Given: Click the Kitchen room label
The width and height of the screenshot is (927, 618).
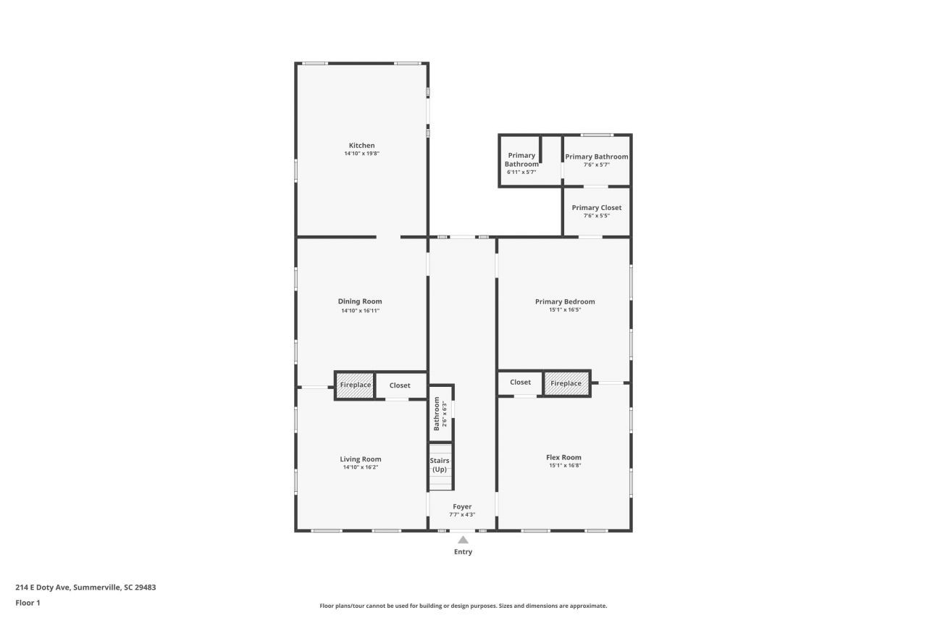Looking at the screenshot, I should (361, 146).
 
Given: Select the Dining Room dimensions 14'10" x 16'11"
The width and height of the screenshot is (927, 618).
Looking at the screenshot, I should (361, 311).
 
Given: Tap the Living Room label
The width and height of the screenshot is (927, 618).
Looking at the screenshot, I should (361, 459).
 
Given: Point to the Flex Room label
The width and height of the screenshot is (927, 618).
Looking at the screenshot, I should (563, 457).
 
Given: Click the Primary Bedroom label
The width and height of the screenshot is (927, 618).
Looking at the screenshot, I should (565, 301).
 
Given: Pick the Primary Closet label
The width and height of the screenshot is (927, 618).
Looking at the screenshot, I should (596, 208).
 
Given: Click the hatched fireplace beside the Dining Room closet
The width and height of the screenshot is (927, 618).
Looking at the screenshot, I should (355, 385).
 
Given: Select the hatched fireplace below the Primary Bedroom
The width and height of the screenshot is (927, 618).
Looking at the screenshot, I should (566, 383).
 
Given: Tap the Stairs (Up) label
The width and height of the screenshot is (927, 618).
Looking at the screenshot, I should (440, 465).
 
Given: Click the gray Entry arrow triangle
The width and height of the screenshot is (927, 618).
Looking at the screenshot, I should (463, 539).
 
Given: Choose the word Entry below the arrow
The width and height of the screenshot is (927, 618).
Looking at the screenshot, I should (463, 552).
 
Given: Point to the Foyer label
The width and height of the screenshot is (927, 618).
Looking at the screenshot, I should (462, 507).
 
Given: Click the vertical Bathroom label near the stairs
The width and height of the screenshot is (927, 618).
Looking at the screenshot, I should (437, 414).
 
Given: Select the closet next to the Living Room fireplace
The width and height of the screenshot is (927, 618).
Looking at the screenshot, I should (400, 385).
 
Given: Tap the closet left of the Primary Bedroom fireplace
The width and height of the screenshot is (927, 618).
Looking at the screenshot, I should (520, 383).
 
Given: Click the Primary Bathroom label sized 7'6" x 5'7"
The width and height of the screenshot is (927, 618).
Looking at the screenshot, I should (596, 156).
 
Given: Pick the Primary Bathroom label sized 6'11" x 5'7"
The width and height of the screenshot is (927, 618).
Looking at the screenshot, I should (521, 159).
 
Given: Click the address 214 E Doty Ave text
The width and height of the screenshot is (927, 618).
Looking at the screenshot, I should (85, 588).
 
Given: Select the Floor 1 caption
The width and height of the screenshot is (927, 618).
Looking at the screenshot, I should (28, 603).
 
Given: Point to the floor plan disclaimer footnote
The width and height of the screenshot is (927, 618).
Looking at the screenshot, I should (463, 606).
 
